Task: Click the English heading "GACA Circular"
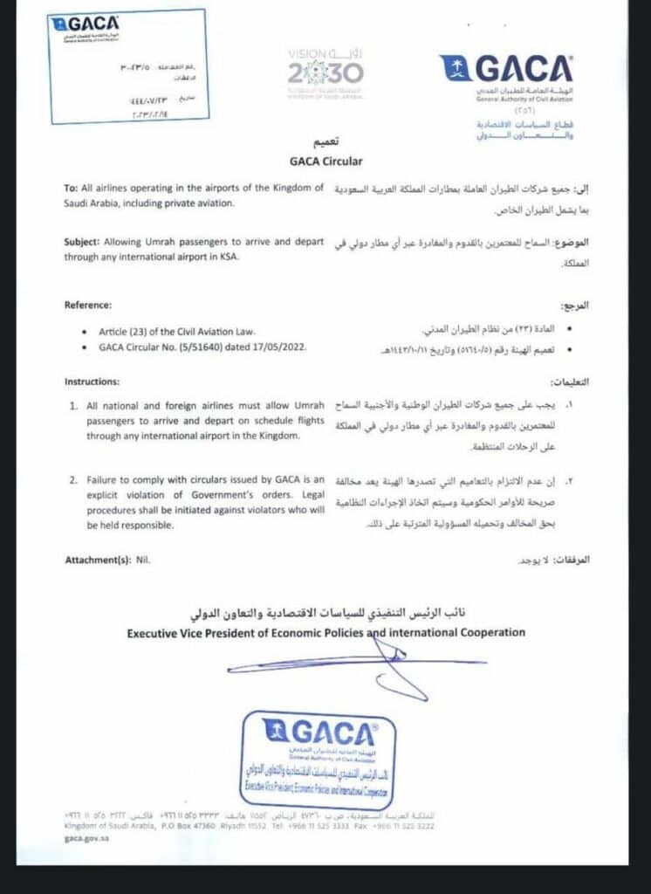coord(325,161)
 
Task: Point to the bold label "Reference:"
coord(89,305)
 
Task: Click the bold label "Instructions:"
coord(93,382)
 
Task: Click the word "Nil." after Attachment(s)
coord(143,559)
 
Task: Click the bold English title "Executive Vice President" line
coord(326,631)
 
